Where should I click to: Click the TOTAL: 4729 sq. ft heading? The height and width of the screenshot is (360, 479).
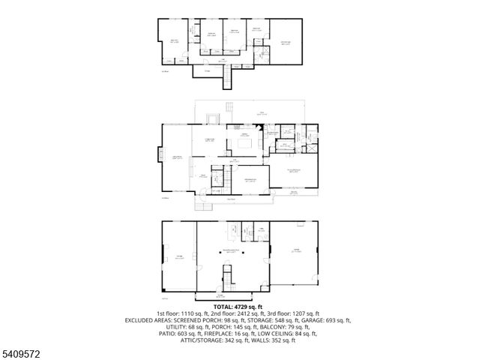[240, 306]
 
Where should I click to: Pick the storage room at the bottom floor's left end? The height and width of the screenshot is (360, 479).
[178, 256]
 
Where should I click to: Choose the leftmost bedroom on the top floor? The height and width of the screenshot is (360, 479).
[174, 41]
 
